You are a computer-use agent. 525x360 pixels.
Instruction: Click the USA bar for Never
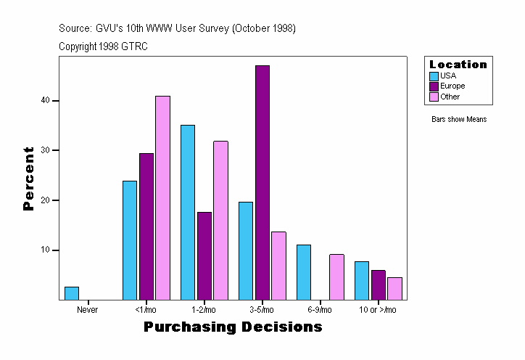[71, 293]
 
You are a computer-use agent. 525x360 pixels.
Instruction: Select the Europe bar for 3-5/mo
[262, 182]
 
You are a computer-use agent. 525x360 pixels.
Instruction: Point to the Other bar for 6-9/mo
[336, 277]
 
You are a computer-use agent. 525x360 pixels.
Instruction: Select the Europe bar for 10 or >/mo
[379, 285]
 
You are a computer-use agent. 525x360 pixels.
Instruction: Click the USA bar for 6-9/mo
[303, 272]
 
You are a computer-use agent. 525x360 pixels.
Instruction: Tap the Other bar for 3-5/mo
[278, 266]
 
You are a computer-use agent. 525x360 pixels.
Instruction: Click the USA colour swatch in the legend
[434, 75]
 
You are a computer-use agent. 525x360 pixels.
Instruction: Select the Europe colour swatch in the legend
[434, 86]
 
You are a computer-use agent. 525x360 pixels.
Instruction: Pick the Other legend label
[450, 97]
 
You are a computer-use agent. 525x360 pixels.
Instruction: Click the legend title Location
[458, 64]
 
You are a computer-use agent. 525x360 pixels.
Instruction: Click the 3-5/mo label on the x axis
[262, 310]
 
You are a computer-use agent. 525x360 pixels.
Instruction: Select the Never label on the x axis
[87, 310]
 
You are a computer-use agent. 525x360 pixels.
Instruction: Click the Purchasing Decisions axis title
[233, 327]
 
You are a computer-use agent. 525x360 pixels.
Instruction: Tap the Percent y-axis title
[29, 179]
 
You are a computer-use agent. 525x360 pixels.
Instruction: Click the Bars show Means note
[458, 119]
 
